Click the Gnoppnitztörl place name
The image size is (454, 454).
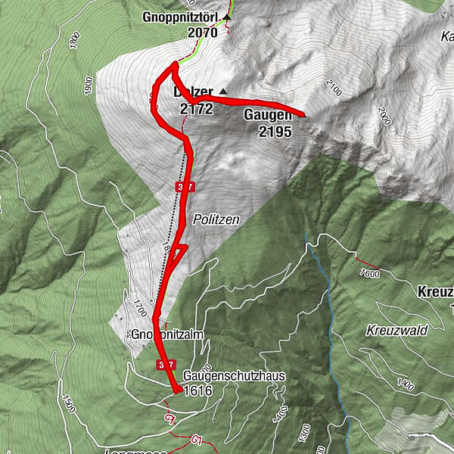(x=181, y=17)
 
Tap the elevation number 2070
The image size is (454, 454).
(x=203, y=33)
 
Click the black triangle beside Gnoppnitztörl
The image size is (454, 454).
(x=225, y=16)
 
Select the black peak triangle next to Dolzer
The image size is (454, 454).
(x=222, y=92)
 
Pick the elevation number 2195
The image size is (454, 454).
(x=274, y=131)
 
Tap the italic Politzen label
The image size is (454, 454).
(x=216, y=219)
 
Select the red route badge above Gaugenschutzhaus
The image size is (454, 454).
(x=166, y=365)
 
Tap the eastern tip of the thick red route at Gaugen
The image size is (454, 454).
(x=304, y=115)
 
